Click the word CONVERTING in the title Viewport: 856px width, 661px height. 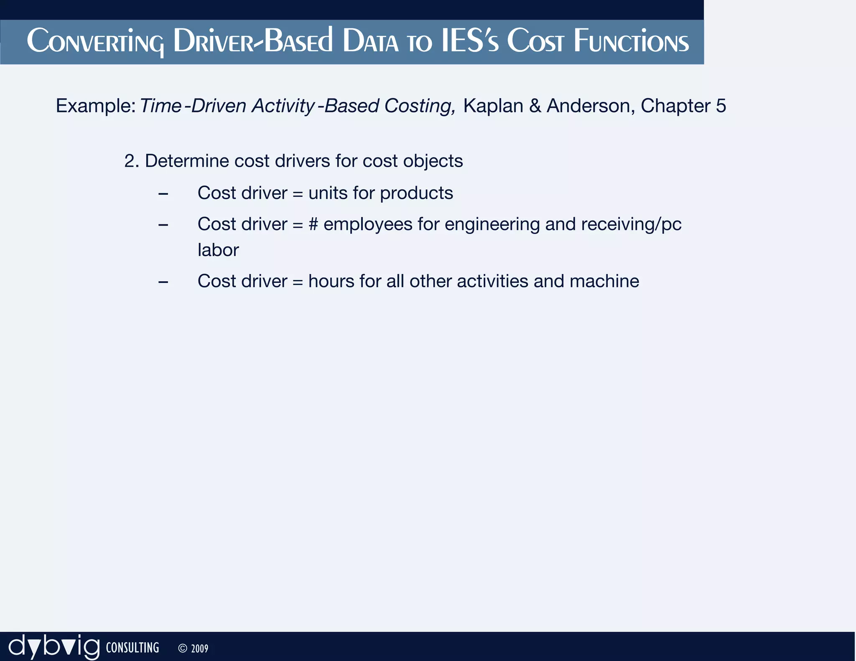[95, 42]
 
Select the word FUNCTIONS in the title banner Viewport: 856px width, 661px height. [631, 42]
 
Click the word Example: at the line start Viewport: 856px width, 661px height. [95, 106]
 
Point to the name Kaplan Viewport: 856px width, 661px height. [493, 106]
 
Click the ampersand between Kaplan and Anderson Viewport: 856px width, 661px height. [535, 106]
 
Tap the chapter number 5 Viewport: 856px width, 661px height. [721, 106]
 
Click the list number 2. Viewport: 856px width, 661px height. [131, 161]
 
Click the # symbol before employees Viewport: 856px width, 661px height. [313, 224]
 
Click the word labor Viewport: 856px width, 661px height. [218, 250]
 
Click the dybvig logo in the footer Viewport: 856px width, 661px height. [54, 647]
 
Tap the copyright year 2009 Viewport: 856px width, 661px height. [199, 648]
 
